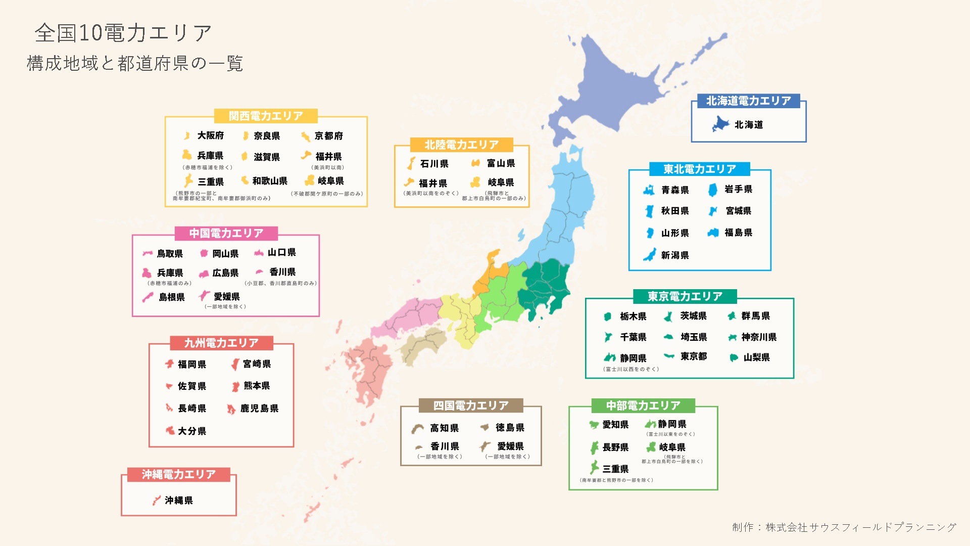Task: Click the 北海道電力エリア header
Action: [748, 101]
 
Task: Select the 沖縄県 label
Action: [179, 500]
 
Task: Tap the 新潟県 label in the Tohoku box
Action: [675, 255]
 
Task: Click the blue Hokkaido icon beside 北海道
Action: [720, 124]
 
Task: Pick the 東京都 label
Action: [694, 356]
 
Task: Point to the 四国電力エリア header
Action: [471, 405]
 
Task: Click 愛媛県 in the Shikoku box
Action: [510, 446]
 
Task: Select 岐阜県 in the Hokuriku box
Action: [501, 183]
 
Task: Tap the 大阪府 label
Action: [211, 135]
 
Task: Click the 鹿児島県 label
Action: [259, 408]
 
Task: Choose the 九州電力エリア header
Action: [221, 343]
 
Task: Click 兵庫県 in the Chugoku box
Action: [170, 273]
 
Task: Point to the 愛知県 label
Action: [615, 425]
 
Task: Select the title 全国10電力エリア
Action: [123, 33]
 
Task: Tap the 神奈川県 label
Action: [759, 337]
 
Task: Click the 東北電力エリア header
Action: [700, 169]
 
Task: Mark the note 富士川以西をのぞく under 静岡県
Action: [631, 370]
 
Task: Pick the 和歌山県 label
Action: [270, 181]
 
